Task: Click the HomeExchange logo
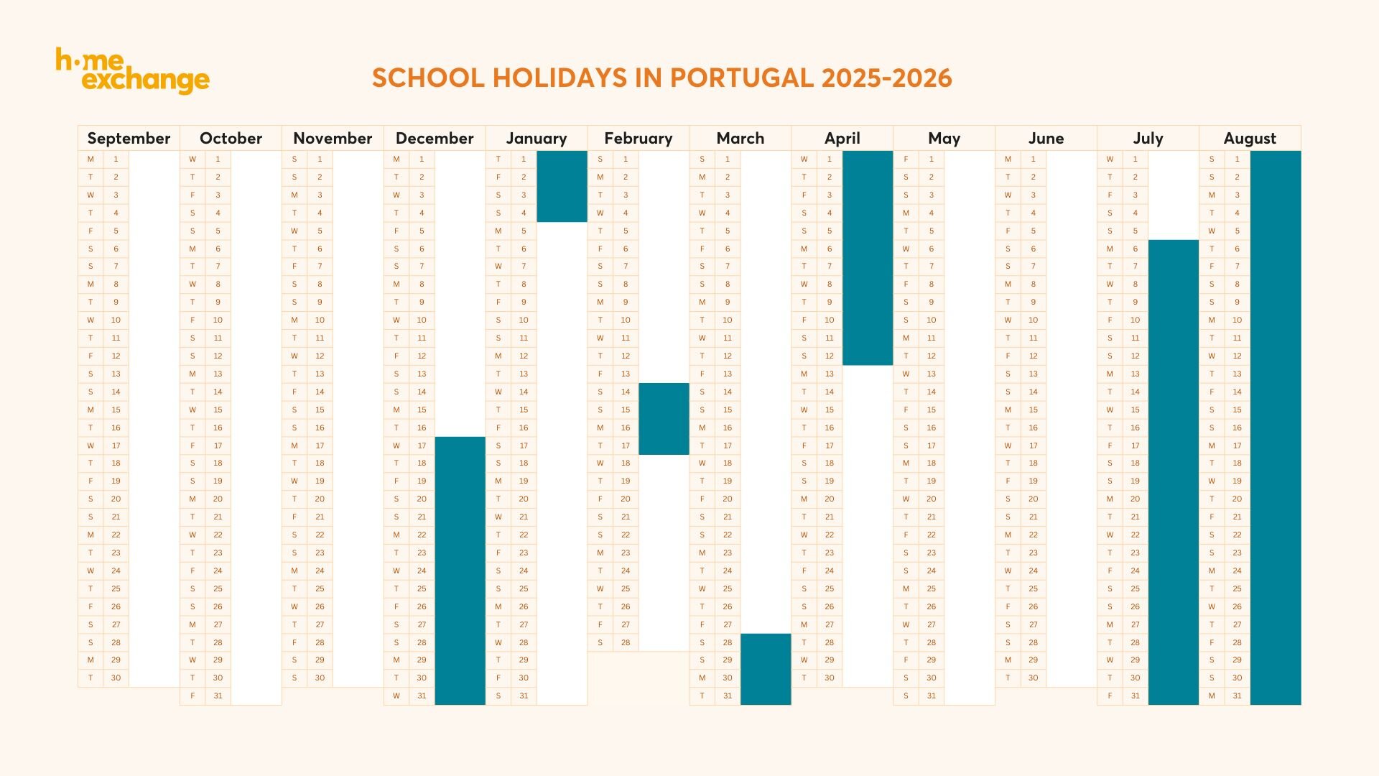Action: click(x=133, y=71)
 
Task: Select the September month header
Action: click(x=129, y=138)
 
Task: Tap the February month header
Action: click(x=638, y=138)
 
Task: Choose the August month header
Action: click(x=1250, y=138)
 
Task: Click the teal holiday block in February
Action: click(x=664, y=419)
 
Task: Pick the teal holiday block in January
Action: click(x=562, y=186)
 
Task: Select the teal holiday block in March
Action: click(x=766, y=669)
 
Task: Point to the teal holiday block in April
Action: click(x=868, y=257)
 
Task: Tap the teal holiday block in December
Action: click(x=460, y=571)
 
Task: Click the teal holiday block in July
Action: click(x=1174, y=472)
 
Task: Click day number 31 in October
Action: click(x=218, y=696)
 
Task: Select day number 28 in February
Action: click(x=626, y=642)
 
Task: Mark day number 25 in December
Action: click(x=422, y=588)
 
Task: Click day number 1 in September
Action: click(x=116, y=159)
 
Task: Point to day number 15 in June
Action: click(x=1033, y=410)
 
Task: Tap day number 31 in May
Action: click(x=931, y=696)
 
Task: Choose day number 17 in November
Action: click(x=320, y=445)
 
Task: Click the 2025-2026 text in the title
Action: click(x=886, y=78)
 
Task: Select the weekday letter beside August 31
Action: click(x=1212, y=696)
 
